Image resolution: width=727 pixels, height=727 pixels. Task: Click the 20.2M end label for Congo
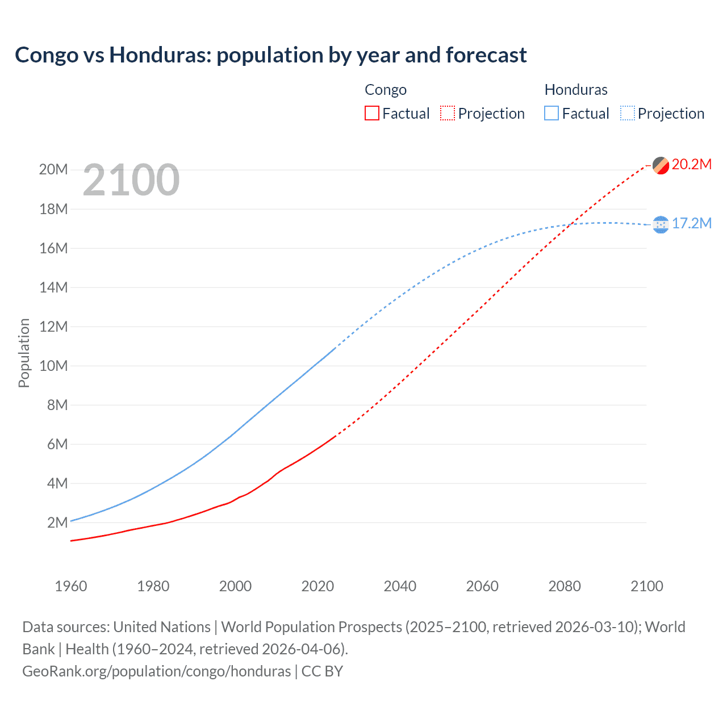click(x=691, y=165)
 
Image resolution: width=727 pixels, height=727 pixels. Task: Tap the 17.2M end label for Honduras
click(x=691, y=224)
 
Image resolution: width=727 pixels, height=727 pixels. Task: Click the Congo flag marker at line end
click(x=661, y=165)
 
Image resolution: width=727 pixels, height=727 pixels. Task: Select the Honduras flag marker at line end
click(x=661, y=225)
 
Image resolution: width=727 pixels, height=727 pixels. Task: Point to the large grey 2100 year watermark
click(x=131, y=181)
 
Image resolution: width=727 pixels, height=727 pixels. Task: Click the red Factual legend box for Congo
click(x=371, y=113)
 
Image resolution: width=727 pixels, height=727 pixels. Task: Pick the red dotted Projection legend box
click(x=448, y=113)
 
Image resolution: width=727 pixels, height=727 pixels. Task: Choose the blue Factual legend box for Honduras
click(x=551, y=113)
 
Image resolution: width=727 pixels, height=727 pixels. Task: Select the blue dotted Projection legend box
click(x=627, y=113)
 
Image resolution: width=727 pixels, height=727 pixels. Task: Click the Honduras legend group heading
click(x=575, y=90)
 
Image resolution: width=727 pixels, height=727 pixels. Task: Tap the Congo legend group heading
click(x=385, y=90)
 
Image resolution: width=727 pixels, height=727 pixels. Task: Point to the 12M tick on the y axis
click(x=53, y=327)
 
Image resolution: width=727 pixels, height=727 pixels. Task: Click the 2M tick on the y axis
click(x=57, y=523)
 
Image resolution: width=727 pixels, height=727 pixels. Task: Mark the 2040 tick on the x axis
click(x=400, y=586)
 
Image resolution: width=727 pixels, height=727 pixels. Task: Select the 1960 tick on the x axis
click(x=71, y=586)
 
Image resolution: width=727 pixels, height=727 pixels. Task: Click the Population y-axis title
click(x=24, y=353)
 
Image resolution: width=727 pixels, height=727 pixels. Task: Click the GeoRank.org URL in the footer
click(x=156, y=671)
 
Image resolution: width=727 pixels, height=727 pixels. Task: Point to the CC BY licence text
click(x=322, y=671)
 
